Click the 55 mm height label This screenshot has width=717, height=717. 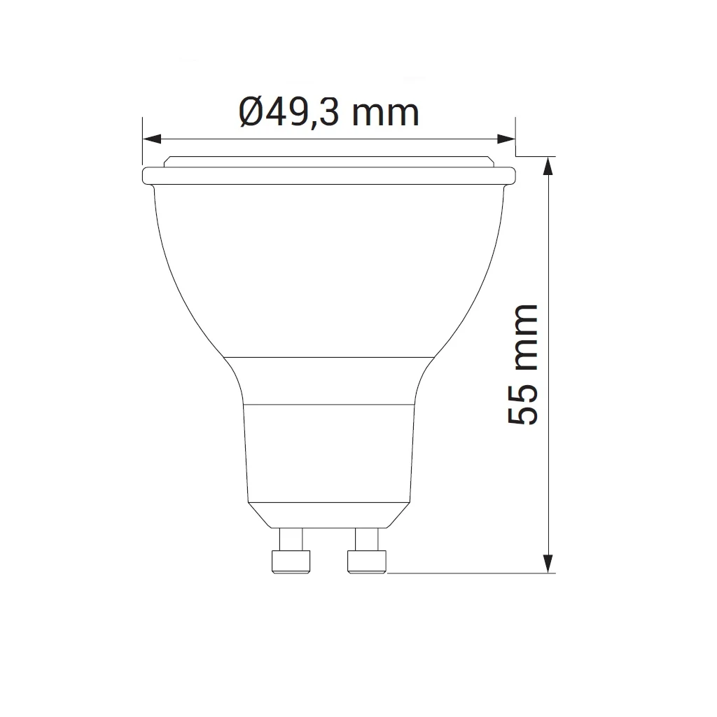click(524, 364)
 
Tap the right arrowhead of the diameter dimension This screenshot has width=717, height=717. click(506, 139)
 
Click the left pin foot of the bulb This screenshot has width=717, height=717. click(289, 562)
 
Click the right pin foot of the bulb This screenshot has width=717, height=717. click(366, 562)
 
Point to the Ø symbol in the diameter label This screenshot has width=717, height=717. click(251, 111)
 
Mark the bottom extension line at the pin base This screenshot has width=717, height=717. click(469, 573)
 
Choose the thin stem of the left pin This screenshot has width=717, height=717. click(291, 539)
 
